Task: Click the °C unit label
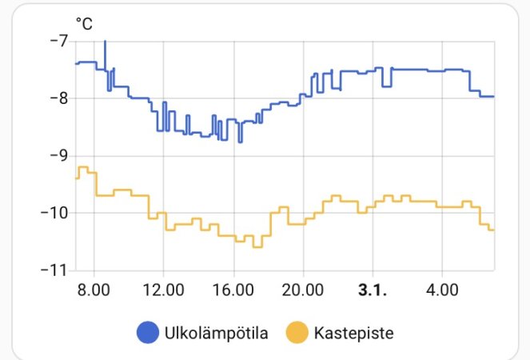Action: click(x=84, y=25)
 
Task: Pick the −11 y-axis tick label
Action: click(x=57, y=270)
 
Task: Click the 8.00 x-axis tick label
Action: click(x=94, y=288)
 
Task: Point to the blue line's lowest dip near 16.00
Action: click(x=240, y=141)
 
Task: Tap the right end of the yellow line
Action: click(x=493, y=230)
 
